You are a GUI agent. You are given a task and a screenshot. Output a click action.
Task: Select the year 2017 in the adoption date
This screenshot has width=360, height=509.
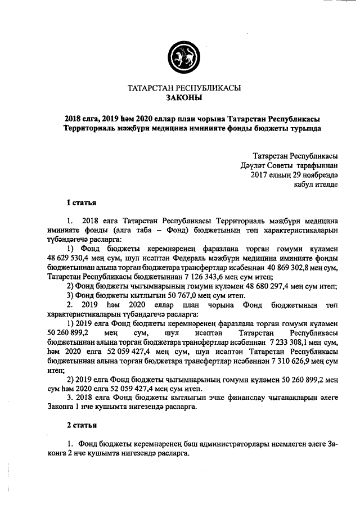coord(260,175)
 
